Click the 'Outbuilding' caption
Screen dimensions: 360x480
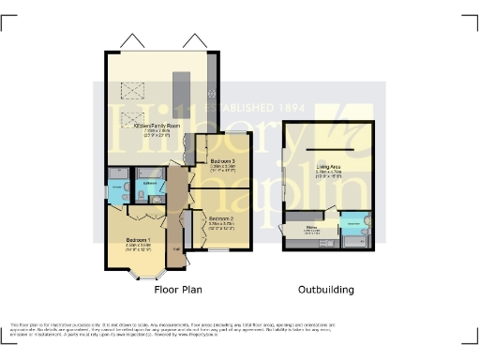pyautogui.click(x=326, y=290)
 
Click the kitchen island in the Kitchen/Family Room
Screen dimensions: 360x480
pyautogui.click(x=184, y=102)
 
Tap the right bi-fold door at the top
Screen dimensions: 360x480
pyautogui.click(x=195, y=42)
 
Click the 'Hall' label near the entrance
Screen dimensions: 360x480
pyautogui.click(x=175, y=247)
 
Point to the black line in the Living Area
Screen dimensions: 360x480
pyautogui.click(x=329, y=150)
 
